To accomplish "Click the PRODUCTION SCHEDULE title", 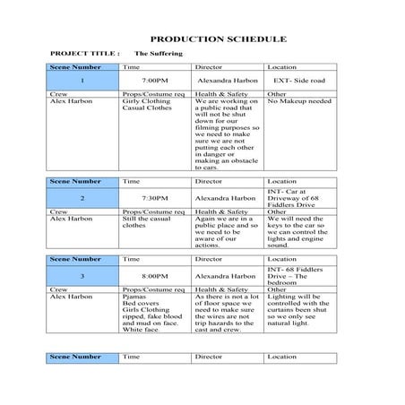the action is pyautogui.click(x=218, y=40).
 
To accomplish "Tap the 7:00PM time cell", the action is pyautogui.click(x=156, y=81).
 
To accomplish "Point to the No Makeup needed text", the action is pyautogui.click(x=300, y=101).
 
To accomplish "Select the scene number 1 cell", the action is pyautogui.click(x=83, y=81).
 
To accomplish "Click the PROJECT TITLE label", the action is pyautogui.click(x=86, y=54).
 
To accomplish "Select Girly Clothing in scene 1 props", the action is pyautogui.click(x=140, y=101).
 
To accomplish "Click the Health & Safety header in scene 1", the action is pyautogui.click(x=219, y=94).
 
